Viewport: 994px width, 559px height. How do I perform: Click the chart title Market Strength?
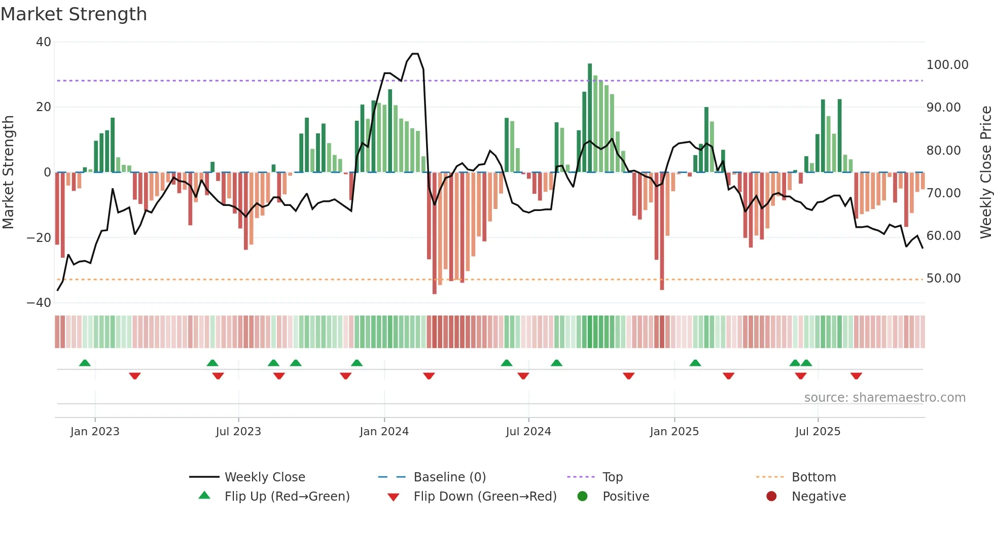74,14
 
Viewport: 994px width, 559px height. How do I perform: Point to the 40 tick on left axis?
44,42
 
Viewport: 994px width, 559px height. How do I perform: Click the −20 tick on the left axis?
39,238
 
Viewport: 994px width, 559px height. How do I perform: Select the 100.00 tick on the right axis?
947,65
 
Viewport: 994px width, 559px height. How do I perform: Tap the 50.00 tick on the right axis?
943,278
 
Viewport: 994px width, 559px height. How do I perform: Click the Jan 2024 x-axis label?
384,432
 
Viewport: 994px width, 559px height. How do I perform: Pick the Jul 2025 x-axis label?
818,432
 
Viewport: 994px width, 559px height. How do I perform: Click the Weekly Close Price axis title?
985,172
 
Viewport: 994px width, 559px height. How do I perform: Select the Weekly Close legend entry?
264,477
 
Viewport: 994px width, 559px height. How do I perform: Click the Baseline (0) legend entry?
449,477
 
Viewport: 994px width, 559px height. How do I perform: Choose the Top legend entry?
612,477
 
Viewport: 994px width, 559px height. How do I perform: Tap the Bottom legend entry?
813,477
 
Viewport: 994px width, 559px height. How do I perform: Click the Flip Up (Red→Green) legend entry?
287,497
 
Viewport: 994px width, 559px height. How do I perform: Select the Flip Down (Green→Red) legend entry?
484,497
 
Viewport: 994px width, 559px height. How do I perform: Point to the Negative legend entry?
819,497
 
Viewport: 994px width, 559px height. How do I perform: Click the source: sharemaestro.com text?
884,398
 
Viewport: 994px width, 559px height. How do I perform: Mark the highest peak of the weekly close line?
415,54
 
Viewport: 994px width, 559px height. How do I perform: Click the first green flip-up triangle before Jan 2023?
85,363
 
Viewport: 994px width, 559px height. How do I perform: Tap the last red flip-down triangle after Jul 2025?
856,376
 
